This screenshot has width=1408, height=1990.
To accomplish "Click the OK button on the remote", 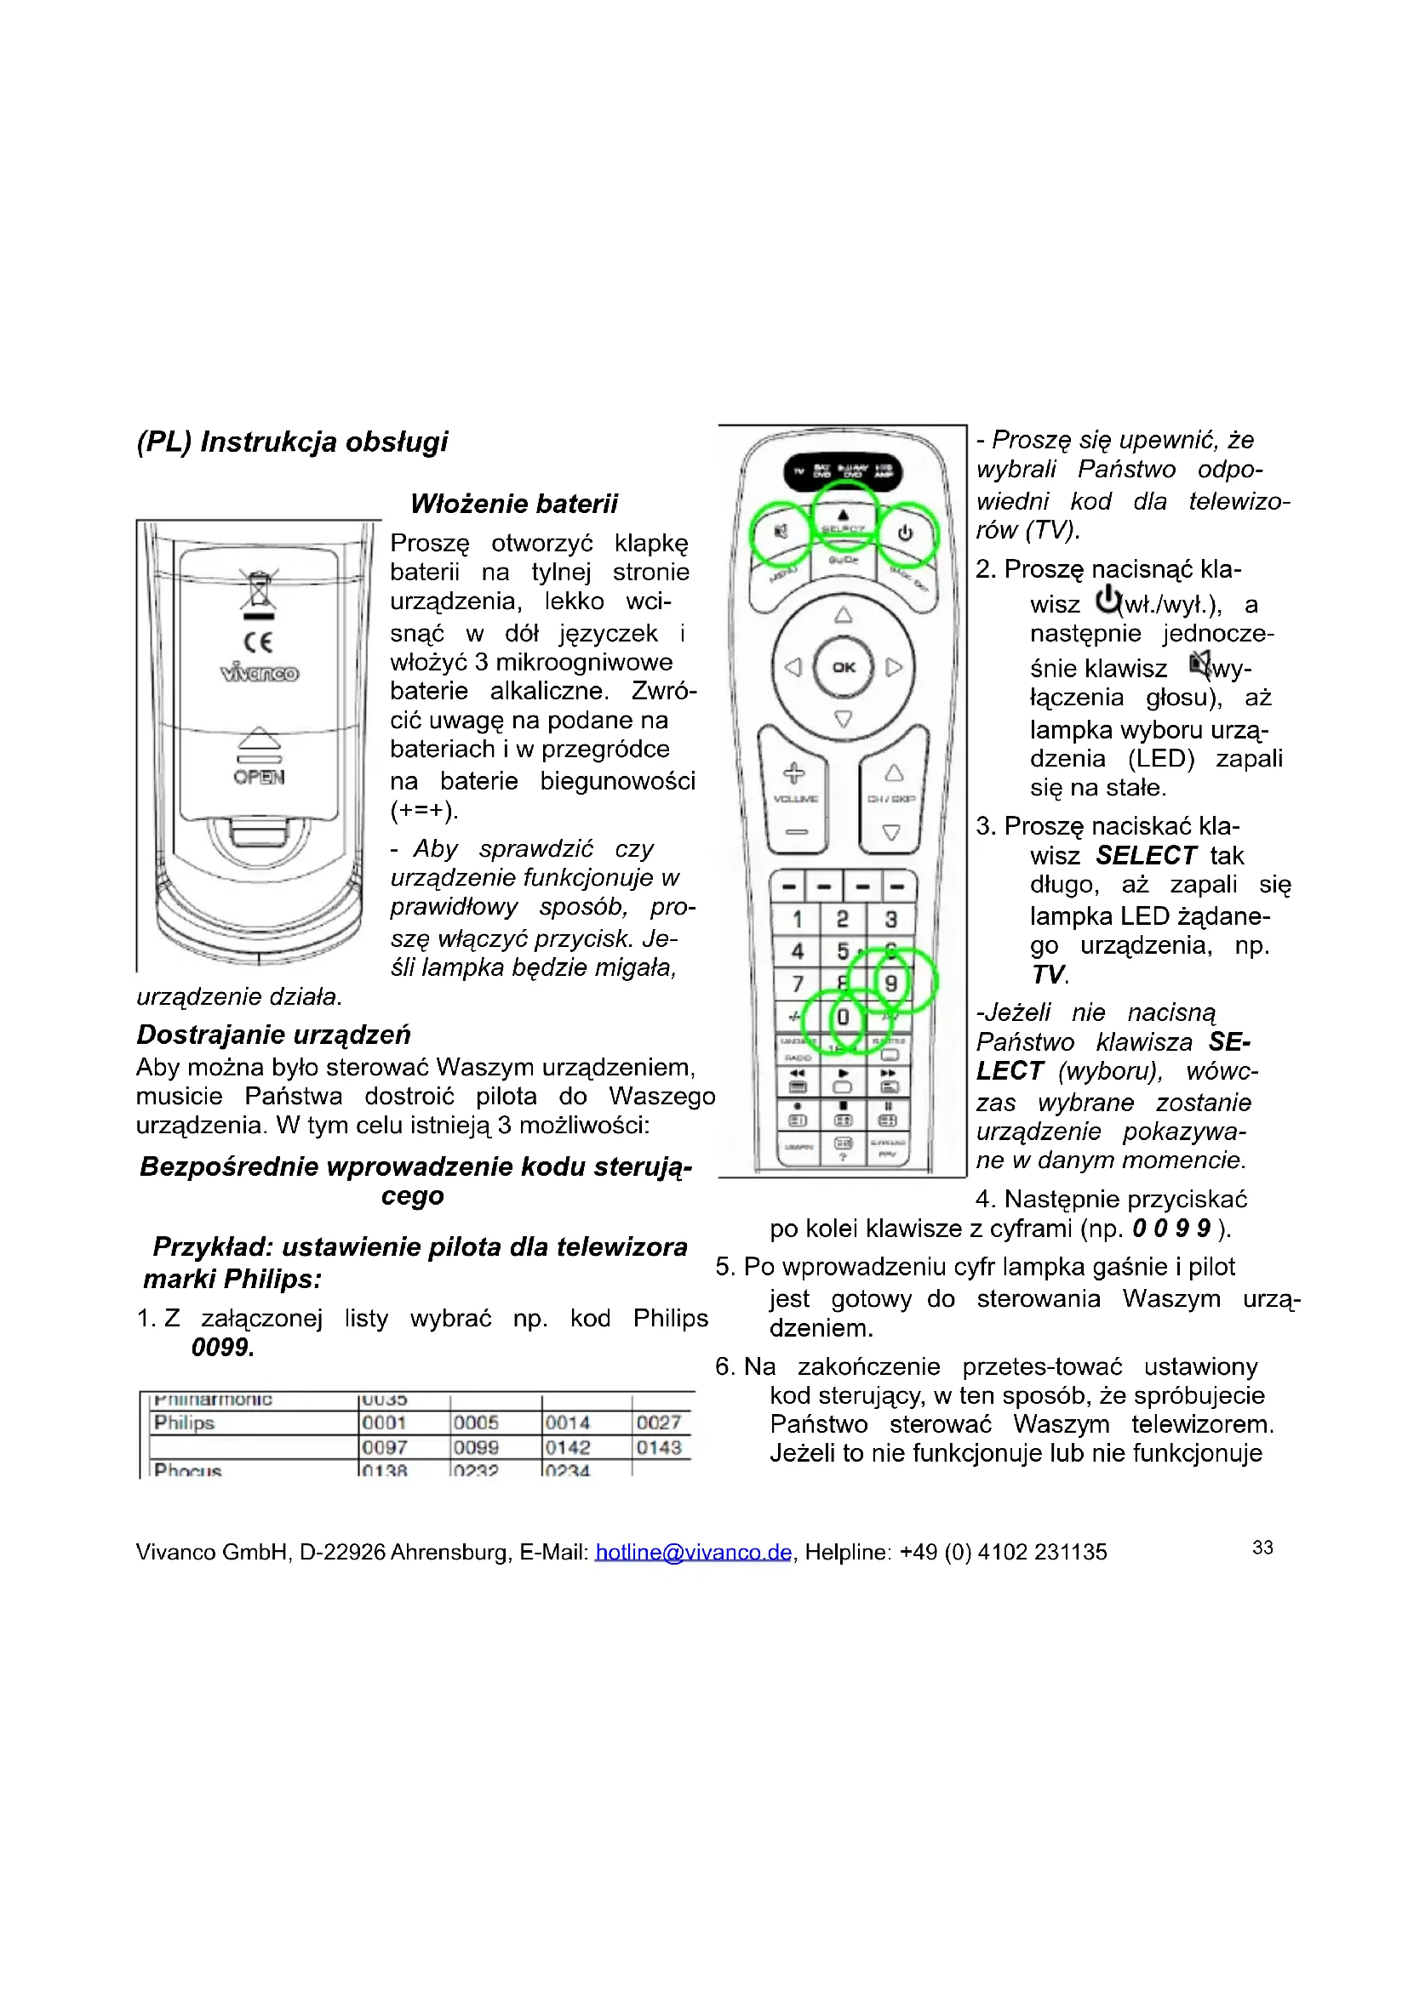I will click(843, 666).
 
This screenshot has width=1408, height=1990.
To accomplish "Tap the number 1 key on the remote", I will click(796, 919).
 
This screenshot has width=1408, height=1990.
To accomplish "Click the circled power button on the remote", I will click(906, 533).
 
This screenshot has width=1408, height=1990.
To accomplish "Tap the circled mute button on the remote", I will click(781, 531).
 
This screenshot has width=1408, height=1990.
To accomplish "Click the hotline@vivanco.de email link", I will click(693, 1552).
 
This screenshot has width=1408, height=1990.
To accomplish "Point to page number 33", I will click(1262, 1547).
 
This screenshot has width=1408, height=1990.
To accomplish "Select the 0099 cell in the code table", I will click(476, 1447).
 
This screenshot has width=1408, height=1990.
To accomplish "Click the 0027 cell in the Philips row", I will click(659, 1423).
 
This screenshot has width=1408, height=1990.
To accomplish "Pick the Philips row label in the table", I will click(184, 1423).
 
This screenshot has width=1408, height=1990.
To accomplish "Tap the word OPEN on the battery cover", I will click(259, 777).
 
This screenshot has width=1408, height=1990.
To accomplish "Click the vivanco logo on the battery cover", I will click(260, 673).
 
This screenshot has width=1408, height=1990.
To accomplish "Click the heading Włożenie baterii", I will click(514, 504).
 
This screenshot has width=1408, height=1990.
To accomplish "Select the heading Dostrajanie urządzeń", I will click(273, 1034).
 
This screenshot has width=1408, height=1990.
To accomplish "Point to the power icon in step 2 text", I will click(1108, 600).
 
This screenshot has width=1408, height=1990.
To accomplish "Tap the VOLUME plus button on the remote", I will click(794, 773).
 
